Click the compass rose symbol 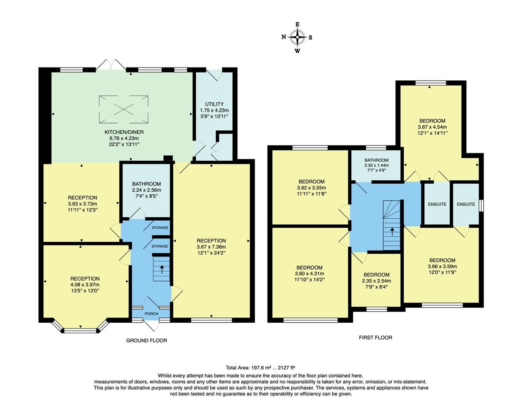tap(297, 38)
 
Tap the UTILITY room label tap(214, 104)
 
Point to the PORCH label tap(151, 314)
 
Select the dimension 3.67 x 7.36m tap(211, 247)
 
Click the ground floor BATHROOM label tap(146, 184)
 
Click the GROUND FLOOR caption tap(147, 341)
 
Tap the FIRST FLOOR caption tap(375, 338)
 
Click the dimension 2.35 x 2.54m tap(376, 281)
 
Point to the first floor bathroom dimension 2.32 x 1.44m tap(376, 165)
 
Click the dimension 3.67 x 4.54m tap(432, 127)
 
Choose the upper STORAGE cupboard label tap(160, 228)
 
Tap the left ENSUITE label tap(437, 204)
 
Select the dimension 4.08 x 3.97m tap(85, 285)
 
